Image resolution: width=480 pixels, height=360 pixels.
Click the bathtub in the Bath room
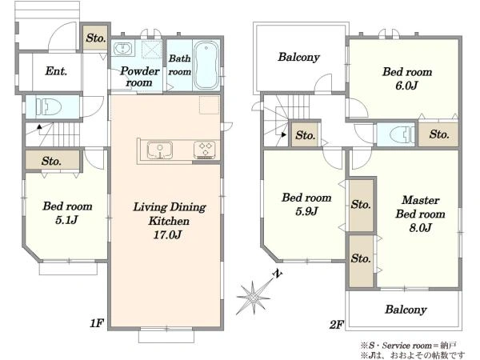206,65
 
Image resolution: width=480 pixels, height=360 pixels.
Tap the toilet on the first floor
48,107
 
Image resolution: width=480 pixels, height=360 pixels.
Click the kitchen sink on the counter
159,150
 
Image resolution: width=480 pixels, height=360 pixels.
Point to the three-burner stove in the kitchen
205,150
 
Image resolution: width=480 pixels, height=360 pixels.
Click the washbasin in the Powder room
123,49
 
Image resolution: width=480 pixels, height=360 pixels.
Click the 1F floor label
97,323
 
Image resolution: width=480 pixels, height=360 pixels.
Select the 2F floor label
337,324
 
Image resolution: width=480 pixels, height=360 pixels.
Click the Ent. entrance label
56,71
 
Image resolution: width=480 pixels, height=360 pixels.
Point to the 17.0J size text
167,234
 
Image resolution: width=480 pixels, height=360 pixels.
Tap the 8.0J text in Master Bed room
420,227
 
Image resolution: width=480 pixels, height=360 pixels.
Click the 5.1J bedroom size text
66,220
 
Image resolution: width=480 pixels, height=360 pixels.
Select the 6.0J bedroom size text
406,86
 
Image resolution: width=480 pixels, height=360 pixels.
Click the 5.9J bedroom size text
306,211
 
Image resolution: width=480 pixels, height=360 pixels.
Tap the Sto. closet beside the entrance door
96,38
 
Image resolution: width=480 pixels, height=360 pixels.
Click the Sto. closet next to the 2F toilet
438,134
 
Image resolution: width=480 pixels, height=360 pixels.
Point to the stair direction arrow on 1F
39,126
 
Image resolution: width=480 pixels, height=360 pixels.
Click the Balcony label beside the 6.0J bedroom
298,58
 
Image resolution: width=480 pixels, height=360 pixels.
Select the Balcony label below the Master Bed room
406,310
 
